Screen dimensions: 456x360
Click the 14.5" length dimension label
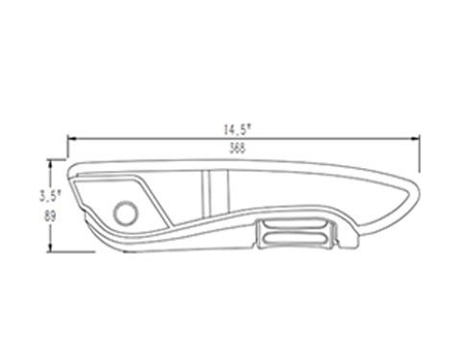tap(238, 130)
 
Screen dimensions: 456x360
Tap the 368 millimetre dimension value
tap(238, 148)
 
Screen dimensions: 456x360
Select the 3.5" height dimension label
tap(50, 196)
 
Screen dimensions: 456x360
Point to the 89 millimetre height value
tap(50, 216)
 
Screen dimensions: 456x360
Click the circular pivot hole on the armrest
tap(126, 213)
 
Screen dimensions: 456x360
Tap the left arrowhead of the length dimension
tap(72, 139)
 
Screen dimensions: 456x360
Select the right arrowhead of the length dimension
tap(415, 139)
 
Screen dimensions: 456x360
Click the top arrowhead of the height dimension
tap(50, 164)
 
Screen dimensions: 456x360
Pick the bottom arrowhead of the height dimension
tap(50, 247)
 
